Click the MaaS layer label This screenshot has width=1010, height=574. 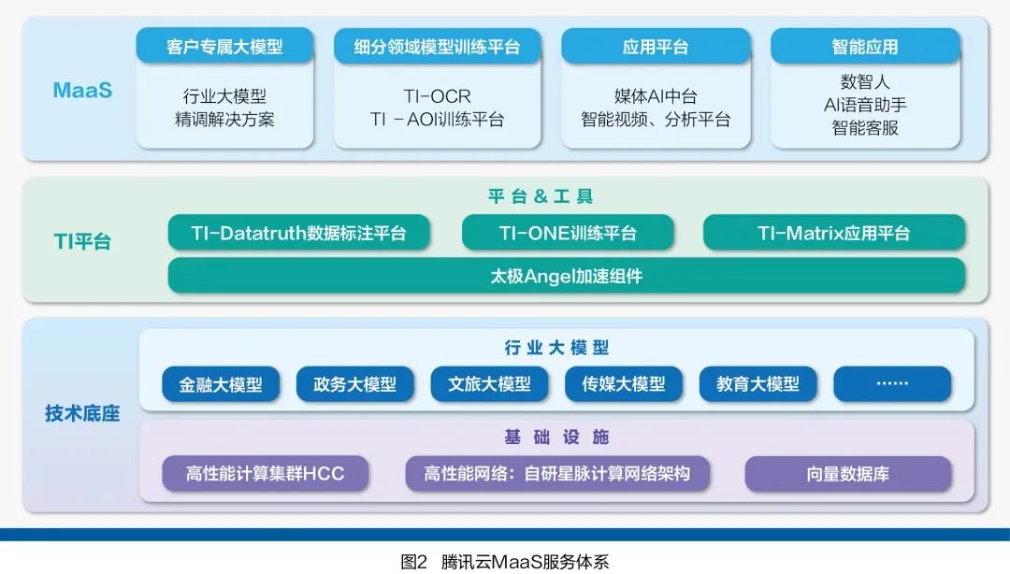[82, 91]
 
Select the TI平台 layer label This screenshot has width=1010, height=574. [81, 241]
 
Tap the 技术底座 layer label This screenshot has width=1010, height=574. [82, 413]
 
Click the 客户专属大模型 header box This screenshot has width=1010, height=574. [224, 47]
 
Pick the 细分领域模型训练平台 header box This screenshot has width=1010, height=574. [437, 47]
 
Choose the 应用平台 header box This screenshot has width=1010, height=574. [656, 47]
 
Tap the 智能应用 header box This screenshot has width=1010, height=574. [865, 47]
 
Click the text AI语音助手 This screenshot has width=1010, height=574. [865, 104]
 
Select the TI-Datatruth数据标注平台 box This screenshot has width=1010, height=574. [299, 233]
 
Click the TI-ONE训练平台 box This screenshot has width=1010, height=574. [568, 233]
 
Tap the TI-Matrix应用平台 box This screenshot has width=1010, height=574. [833, 233]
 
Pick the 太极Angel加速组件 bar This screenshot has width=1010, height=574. [566, 276]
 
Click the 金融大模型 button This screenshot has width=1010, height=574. [221, 384]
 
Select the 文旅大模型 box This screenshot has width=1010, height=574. [489, 384]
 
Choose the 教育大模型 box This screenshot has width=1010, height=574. [757, 384]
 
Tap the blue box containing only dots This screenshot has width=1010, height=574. [891, 384]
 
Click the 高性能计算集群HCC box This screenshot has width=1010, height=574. [265, 474]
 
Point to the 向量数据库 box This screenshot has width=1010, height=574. [847, 474]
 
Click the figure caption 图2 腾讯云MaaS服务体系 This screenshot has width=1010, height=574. [505, 561]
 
